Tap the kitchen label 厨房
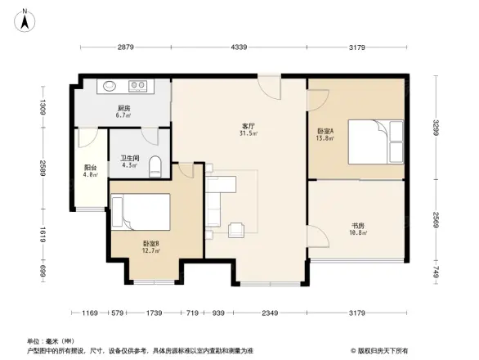(123, 109)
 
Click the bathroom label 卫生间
(129, 158)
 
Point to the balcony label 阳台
(90, 168)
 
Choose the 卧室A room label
(325, 132)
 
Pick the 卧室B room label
(150, 244)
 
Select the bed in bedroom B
(141, 211)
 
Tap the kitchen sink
(110, 84)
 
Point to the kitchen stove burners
(137, 84)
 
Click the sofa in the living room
(215, 200)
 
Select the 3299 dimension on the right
(436, 128)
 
